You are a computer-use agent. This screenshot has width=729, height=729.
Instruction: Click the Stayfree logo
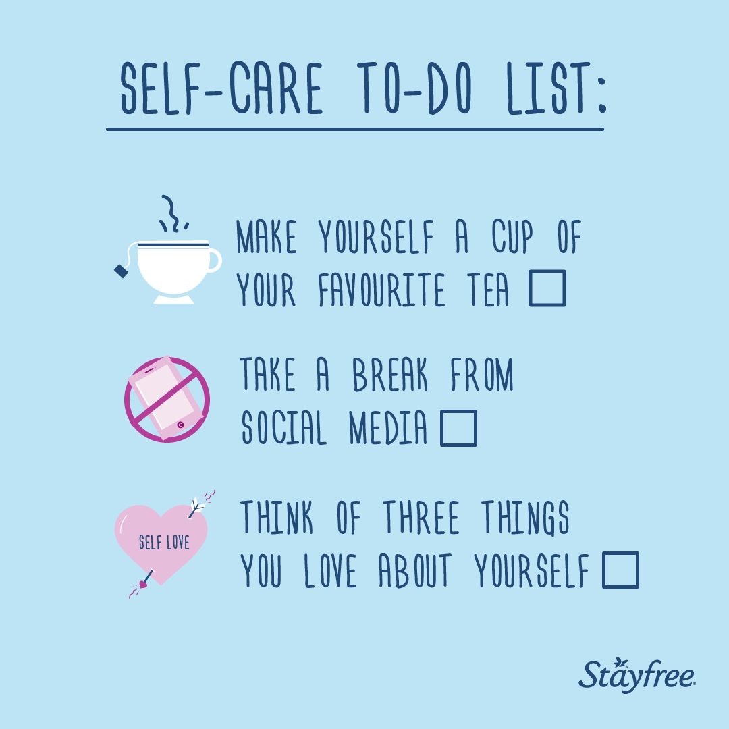pos(637,675)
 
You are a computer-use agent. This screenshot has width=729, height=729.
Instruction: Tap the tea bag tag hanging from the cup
pos(122,271)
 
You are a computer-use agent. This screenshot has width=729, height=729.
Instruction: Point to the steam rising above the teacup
pos(173,214)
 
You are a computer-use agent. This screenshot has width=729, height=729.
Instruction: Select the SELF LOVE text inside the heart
pos(164,542)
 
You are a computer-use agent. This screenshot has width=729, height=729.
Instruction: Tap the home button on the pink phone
pos(180,425)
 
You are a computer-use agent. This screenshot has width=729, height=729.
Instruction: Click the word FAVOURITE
pos(381,290)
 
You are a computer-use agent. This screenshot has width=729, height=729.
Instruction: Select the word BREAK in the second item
pos(389,374)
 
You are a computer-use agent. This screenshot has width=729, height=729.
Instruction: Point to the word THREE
pos(421,517)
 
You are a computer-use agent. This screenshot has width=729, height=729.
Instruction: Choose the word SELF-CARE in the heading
pos(221,88)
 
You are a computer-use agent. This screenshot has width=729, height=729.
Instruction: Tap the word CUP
pos(512,237)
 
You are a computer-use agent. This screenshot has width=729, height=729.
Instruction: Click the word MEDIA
pos(387,428)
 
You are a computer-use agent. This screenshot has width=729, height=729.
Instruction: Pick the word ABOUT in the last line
pos(415,570)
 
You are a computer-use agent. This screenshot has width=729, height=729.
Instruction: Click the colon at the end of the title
pos(603,95)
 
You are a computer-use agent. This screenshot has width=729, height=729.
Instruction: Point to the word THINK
pos(277,517)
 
